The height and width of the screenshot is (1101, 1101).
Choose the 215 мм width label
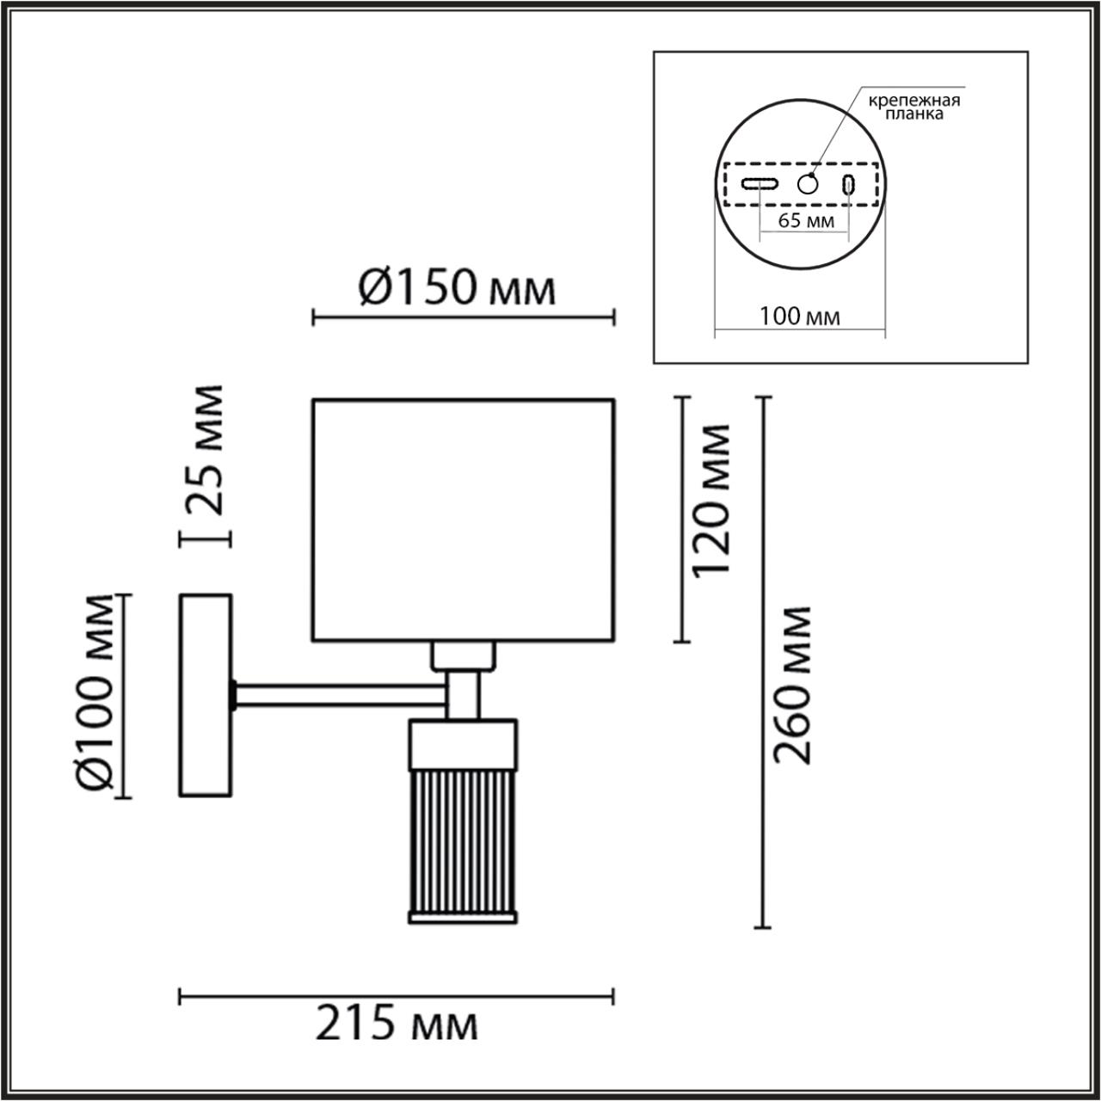click(x=397, y=1024)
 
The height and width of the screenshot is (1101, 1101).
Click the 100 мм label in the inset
click(x=800, y=317)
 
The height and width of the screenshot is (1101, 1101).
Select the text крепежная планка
click(x=913, y=106)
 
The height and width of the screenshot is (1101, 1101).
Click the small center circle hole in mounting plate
click(x=808, y=183)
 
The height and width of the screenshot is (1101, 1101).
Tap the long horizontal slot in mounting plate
click(x=761, y=183)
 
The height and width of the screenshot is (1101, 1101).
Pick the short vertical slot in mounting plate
click(x=849, y=183)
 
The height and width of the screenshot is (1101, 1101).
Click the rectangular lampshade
click(x=463, y=520)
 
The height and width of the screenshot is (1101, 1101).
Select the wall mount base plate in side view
click(x=206, y=695)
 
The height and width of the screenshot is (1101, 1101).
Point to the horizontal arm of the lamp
click(x=340, y=695)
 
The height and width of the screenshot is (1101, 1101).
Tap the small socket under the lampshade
click(x=464, y=656)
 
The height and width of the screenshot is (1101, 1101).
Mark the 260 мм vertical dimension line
click(x=761, y=662)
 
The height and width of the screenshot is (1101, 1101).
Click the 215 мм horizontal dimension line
click(x=397, y=996)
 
